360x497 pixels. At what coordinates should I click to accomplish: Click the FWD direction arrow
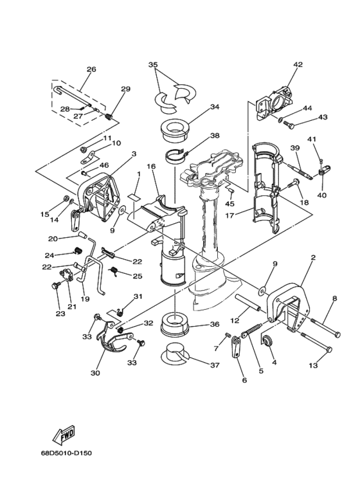pyautogui.click(x=64, y=434)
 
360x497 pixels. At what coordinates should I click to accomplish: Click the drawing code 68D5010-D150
pyautogui.click(x=66, y=453)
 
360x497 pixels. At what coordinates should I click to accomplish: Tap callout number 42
pyautogui.click(x=298, y=64)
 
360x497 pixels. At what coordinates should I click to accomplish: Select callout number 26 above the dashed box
pyautogui.click(x=91, y=69)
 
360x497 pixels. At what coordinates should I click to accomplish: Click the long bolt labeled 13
pyautogui.click(x=316, y=341)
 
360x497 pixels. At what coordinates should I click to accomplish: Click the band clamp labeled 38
pyautogui.click(x=177, y=156)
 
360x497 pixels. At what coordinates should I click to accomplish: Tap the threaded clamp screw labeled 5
pyautogui.click(x=251, y=330)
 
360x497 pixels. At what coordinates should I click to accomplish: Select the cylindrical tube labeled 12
pyautogui.click(x=248, y=303)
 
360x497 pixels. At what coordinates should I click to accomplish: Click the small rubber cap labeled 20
pyautogui.click(x=83, y=236)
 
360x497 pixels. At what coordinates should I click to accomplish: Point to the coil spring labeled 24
pyautogui.click(x=78, y=251)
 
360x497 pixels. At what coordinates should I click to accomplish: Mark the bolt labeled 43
pyautogui.click(x=289, y=124)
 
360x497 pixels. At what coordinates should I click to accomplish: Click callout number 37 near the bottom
pyautogui.click(x=214, y=365)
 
